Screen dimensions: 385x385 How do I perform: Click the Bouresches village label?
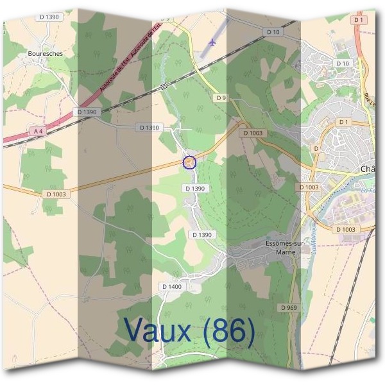point(46,54)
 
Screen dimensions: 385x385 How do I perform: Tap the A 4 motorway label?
point(38,131)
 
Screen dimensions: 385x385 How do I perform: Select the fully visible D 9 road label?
point(221,98)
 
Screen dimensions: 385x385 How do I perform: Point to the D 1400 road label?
point(172,286)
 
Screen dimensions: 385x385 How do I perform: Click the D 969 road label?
point(289,308)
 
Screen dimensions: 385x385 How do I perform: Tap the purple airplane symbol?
point(212,42)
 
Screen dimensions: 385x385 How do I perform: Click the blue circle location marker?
point(189,162)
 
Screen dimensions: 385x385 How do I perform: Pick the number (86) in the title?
point(227,331)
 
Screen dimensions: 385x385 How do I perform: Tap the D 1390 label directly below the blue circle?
point(194,188)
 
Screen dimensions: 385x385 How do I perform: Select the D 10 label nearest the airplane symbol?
point(273,31)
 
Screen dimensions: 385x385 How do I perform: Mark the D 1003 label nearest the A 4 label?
point(56,194)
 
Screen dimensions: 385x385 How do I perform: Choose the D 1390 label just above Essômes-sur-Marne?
point(201,235)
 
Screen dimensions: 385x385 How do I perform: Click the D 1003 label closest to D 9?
point(253,133)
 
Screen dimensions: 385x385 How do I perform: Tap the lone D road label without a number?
point(316,148)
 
